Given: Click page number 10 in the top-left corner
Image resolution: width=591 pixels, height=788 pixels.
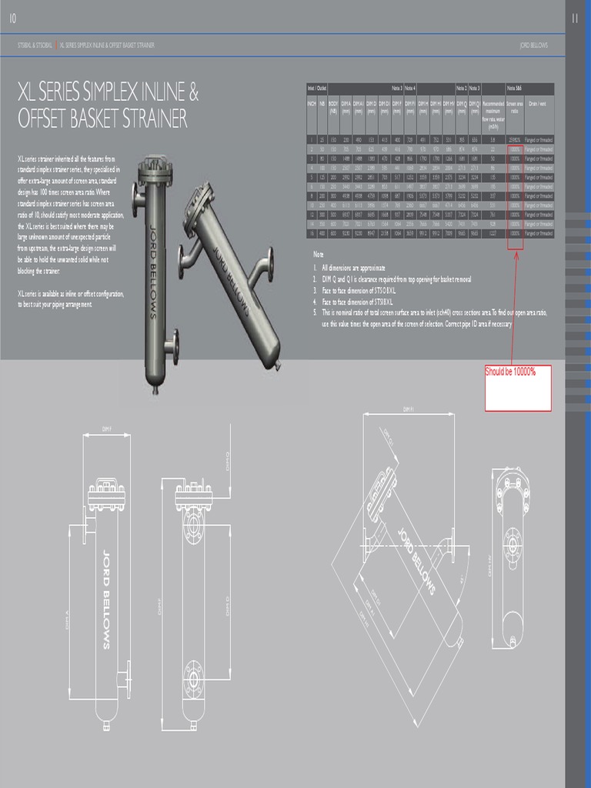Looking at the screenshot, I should coord(12,19).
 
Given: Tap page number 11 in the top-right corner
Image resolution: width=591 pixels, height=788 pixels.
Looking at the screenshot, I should coord(576,19).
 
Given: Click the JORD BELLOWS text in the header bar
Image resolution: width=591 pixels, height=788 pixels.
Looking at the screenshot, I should coord(534,45).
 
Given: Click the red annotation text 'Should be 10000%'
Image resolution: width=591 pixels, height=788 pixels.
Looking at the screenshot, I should coord(510,372).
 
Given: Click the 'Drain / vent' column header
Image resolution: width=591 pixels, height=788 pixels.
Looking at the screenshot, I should coord(537,102).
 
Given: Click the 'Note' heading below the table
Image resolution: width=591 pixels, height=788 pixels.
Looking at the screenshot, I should coord(318,254).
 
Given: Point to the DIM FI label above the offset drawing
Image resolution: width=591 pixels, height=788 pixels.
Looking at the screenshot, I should coord(409,409).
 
